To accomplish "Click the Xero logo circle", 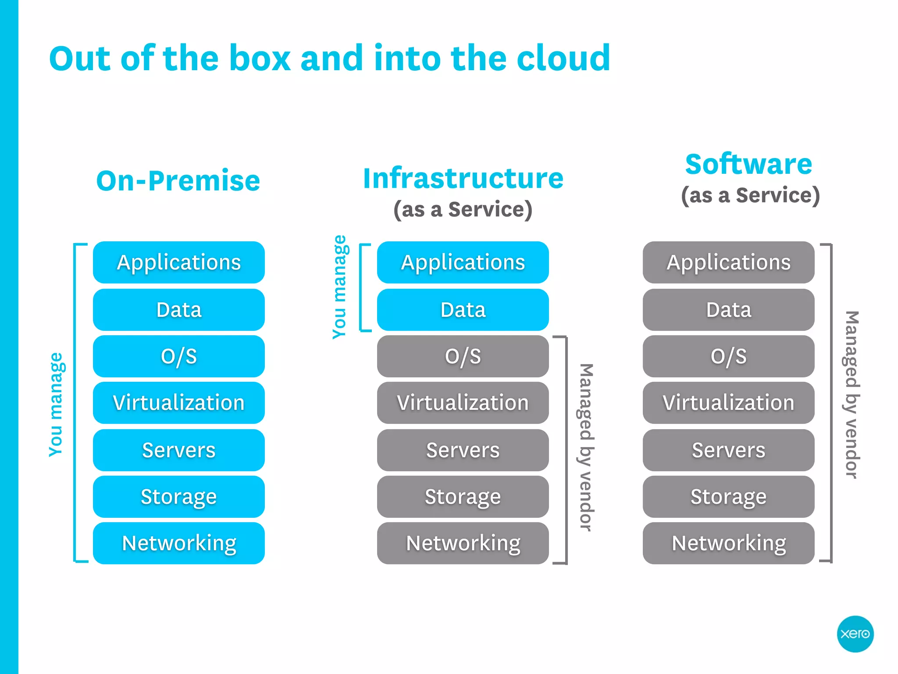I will click(855, 634).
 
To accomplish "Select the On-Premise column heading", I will click(178, 181).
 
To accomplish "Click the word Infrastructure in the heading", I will click(463, 179).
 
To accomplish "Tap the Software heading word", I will click(748, 164).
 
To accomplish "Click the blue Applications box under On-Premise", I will click(178, 262).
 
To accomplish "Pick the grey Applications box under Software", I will click(728, 262).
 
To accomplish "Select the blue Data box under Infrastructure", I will click(463, 310).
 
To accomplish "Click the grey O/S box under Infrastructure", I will click(463, 356).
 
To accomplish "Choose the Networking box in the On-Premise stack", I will click(178, 543).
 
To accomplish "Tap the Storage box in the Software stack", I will click(728, 497).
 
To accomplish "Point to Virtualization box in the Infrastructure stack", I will click(463, 403).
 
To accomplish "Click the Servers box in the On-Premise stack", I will click(178, 450).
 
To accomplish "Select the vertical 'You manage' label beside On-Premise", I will click(56, 405).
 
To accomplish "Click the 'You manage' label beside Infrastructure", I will click(340, 287).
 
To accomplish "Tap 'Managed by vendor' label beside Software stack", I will click(852, 395).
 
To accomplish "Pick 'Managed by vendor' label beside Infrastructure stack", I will click(586, 448).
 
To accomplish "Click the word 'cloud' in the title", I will click(563, 58).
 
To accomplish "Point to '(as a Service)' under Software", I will click(750, 195).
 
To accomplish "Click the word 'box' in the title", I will click(260, 58).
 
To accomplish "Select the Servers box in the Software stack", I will click(728, 450).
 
